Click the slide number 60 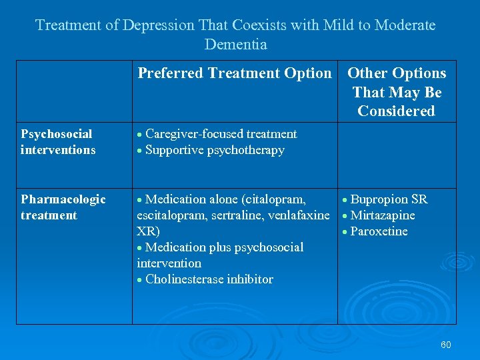pyautogui.click(x=446, y=345)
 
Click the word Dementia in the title pyautogui.click(x=235, y=45)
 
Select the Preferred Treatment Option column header pyautogui.click(x=234, y=73)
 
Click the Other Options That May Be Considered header pyautogui.click(x=397, y=92)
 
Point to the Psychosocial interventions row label pyautogui.click(x=58, y=142)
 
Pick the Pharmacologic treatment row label pyautogui.click(x=63, y=207)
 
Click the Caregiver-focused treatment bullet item pyautogui.click(x=221, y=134)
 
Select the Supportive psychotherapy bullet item pyautogui.click(x=214, y=150)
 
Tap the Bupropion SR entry pyautogui.click(x=389, y=199)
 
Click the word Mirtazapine pyautogui.click(x=382, y=215)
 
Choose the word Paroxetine pyautogui.click(x=379, y=231)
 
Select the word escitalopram pyautogui.click(x=169, y=215)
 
